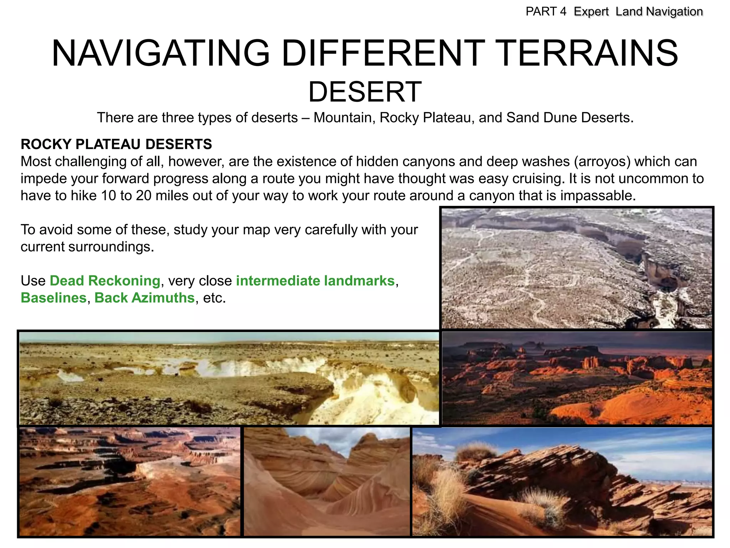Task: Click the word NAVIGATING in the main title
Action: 160,54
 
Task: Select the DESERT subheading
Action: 365,92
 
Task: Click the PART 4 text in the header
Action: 546,11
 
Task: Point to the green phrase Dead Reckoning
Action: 105,281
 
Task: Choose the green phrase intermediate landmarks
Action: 315,281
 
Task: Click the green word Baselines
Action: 53,298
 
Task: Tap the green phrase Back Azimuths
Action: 144,298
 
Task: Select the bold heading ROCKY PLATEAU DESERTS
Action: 116,144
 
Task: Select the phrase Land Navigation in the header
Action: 659,11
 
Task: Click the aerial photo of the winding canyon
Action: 577,268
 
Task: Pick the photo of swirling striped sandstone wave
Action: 327,482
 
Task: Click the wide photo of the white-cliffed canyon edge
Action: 229,378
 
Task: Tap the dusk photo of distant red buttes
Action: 577,378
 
